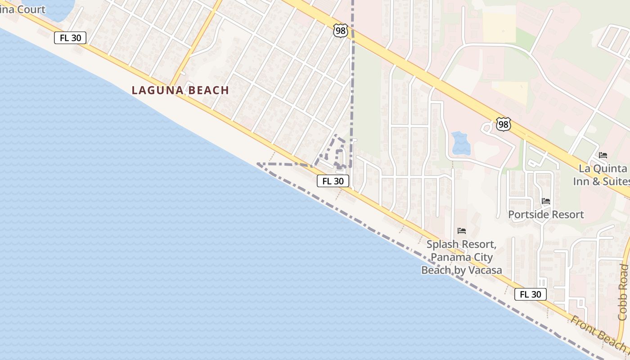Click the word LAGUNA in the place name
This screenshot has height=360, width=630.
155,90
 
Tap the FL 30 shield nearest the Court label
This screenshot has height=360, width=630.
70,38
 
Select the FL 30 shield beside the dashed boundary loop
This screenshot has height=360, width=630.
333,181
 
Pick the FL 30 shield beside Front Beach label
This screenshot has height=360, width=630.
531,294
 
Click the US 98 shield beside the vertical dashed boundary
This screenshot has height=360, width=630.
341,31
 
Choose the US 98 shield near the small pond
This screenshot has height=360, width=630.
504,124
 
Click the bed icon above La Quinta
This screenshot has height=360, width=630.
603,155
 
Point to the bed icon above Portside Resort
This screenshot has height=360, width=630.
546,201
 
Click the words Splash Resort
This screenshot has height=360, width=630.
461,245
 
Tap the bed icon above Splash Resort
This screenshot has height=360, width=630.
461,231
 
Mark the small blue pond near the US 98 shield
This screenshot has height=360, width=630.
460,143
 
